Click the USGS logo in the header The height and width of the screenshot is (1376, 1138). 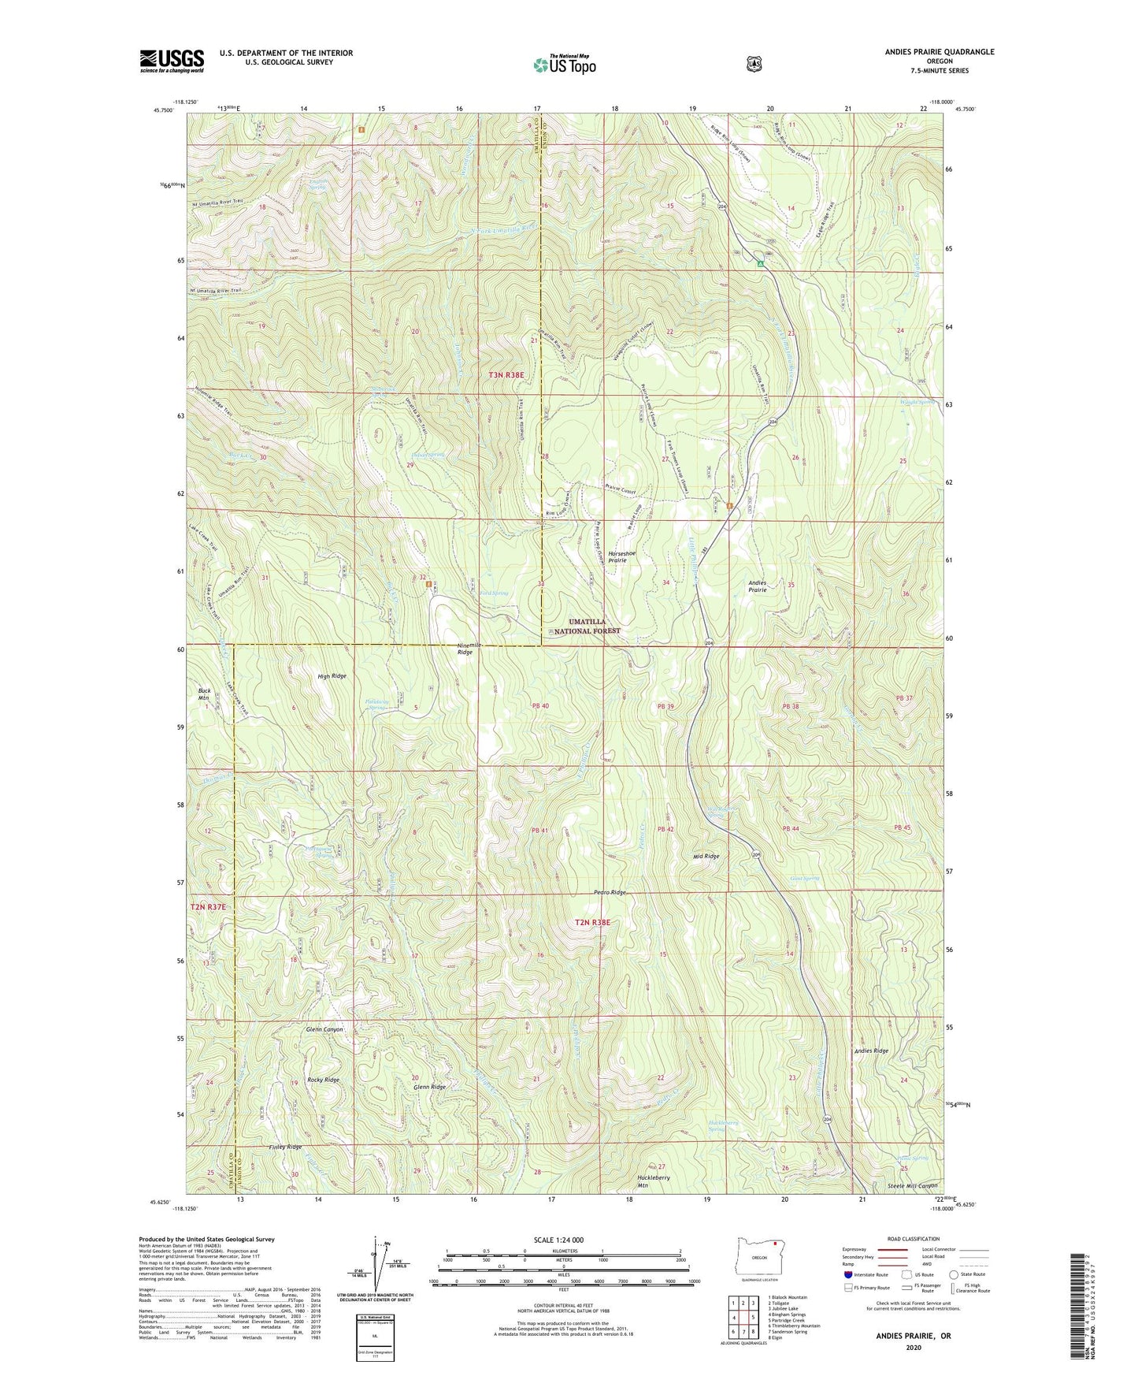tap(172, 61)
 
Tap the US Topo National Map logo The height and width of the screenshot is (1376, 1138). tap(564, 64)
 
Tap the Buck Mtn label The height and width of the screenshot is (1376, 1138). tap(203, 694)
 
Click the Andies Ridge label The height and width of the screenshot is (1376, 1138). tap(871, 1051)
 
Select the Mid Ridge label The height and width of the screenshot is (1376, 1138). tap(706, 856)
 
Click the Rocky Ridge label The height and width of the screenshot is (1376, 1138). tap(323, 1080)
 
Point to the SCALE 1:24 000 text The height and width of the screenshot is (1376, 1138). tap(562, 1240)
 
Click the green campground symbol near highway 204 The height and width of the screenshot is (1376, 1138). tap(761, 264)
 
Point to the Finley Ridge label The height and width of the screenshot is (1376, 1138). tap(284, 1147)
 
